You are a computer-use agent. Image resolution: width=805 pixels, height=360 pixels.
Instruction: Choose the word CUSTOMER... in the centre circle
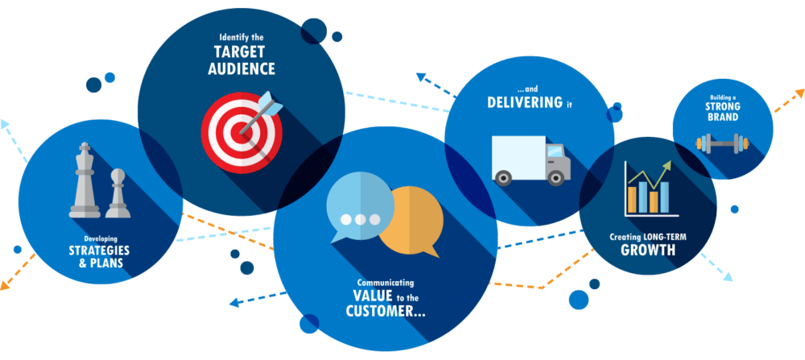click(x=386, y=312)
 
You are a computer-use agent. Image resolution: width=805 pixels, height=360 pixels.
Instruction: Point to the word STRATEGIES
click(x=99, y=250)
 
